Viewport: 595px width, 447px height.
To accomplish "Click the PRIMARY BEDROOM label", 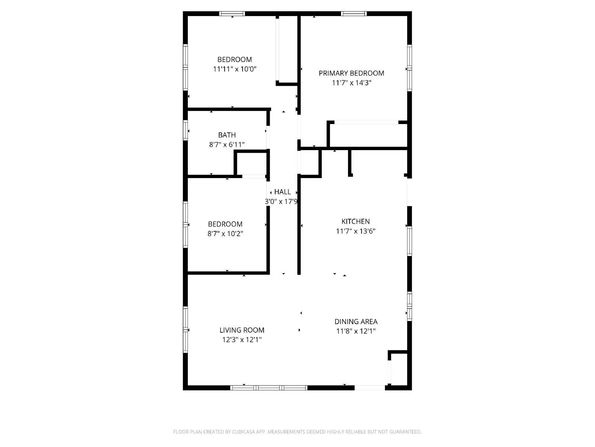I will (351, 73).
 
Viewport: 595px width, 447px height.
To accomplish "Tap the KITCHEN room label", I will (356, 221).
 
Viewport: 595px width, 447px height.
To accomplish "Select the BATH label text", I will (227, 135).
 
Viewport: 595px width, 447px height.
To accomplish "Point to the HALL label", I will (283, 192).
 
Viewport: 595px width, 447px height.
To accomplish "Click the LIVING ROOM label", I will (242, 330).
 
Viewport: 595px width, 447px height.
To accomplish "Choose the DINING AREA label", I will (356, 321).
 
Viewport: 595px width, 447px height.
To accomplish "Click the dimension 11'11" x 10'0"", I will (235, 69).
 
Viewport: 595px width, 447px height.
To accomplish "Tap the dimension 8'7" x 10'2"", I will (225, 234).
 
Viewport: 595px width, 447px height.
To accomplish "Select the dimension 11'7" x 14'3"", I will (351, 83).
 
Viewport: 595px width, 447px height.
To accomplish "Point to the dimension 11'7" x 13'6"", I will (356, 231).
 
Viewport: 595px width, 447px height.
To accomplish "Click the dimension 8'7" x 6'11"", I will (227, 145).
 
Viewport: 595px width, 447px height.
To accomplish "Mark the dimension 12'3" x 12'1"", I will (242, 340).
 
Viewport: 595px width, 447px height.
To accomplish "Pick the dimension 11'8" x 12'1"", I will (356, 331).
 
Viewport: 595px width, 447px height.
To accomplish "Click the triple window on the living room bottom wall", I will (269, 388).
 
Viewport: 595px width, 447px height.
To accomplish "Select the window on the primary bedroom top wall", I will (354, 14).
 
